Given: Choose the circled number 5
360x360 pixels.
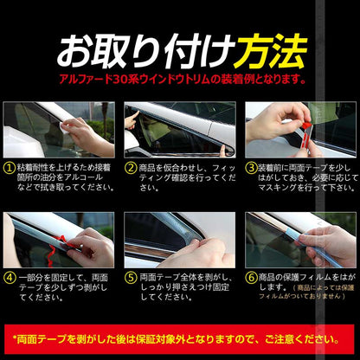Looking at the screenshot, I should click(131, 279).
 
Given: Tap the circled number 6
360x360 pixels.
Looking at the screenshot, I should click(251, 279).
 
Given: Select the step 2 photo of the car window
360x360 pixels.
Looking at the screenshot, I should click(179, 130).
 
